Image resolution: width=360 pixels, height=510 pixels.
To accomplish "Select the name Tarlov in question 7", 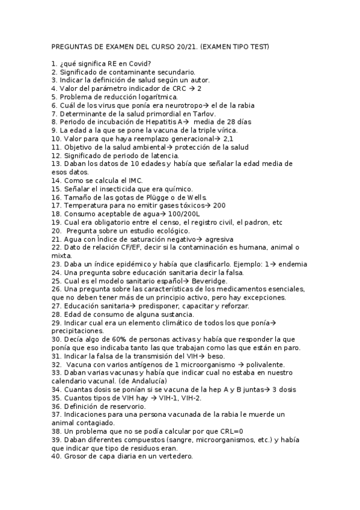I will click(204, 113).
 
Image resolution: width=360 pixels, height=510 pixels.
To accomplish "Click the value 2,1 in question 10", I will click(229, 138).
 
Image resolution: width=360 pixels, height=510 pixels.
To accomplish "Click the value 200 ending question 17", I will click(219, 206).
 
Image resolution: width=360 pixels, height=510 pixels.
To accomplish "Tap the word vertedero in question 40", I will click(173, 457).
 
